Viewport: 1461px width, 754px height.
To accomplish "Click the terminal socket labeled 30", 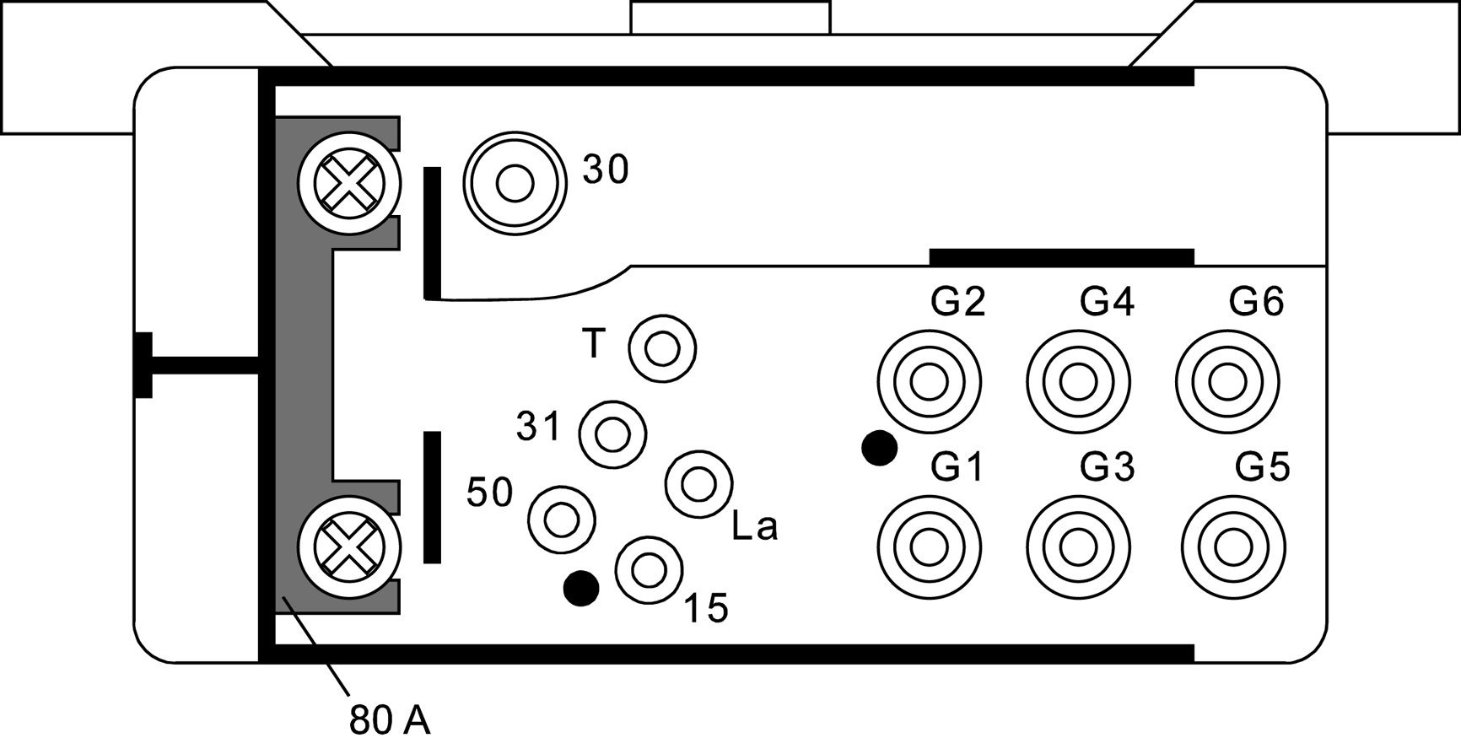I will (x=514, y=183).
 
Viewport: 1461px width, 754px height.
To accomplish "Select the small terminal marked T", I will (x=662, y=348).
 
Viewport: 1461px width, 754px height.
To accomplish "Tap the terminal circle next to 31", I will (x=612, y=434).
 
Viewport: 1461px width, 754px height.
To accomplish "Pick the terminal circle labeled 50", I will (x=561, y=519).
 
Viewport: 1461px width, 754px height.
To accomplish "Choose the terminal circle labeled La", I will (x=698, y=483).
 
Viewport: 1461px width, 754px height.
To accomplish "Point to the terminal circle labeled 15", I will (x=649, y=570).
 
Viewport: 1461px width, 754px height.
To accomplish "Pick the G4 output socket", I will (x=1079, y=382).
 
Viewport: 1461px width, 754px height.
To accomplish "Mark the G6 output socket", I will (x=1227, y=382).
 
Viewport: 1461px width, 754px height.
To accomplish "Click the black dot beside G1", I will (x=878, y=448).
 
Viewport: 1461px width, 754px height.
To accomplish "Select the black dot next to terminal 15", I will (x=581, y=588).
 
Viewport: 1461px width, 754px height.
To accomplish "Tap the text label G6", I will (x=1256, y=301).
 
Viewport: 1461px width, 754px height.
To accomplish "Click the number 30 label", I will (x=606, y=170).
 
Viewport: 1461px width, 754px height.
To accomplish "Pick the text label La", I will (x=755, y=527).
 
